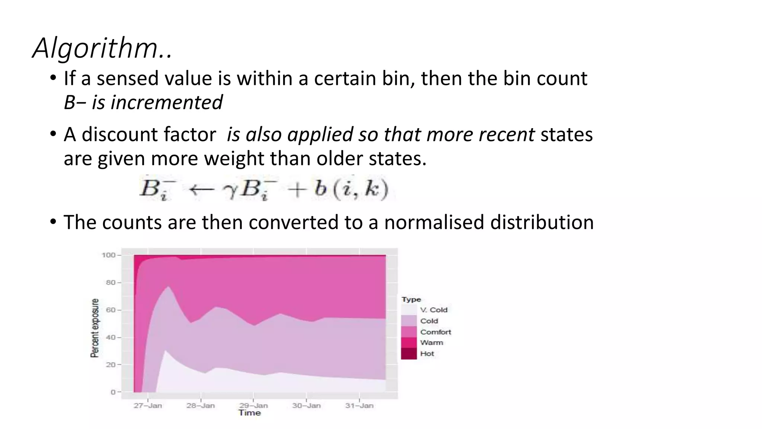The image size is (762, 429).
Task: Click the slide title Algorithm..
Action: [102, 48]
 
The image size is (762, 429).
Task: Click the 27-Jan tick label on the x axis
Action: [148, 406]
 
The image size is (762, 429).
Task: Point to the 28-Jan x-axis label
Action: [201, 406]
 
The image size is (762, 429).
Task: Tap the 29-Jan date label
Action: [253, 406]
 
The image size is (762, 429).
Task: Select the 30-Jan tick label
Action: [306, 406]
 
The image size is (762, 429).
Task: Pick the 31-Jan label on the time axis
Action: [359, 406]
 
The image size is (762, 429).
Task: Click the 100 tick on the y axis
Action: [109, 255]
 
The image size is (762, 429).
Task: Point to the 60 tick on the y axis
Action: [111, 310]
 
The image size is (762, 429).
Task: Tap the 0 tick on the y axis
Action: [113, 392]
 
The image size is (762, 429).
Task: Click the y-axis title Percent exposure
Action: [95, 328]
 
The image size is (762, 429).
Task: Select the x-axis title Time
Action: [250, 413]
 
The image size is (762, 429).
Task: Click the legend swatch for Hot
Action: [409, 353]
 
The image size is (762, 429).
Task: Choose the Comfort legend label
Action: [435, 332]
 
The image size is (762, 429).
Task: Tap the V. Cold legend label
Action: [433, 310]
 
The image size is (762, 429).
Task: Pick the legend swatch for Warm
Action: [409, 343]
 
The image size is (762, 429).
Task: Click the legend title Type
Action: [411, 299]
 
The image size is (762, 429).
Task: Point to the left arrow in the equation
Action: [201, 189]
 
